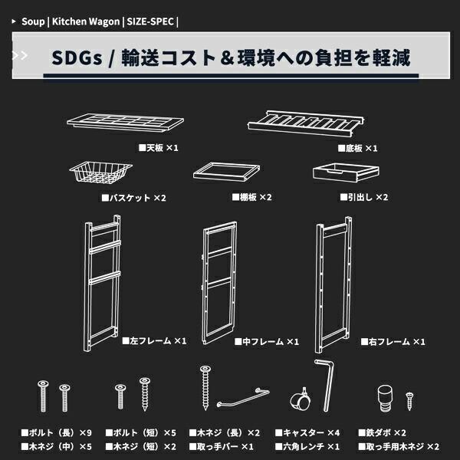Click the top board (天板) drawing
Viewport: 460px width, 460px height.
pyautogui.click(x=126, y=123)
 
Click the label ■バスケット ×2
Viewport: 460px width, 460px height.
pyautogui.click(x=134, y=197)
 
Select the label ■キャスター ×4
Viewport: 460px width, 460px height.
pyautogui.click(x=308, y=432)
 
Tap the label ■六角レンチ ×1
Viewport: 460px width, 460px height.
pyautogui.click(x=308, y=445)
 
